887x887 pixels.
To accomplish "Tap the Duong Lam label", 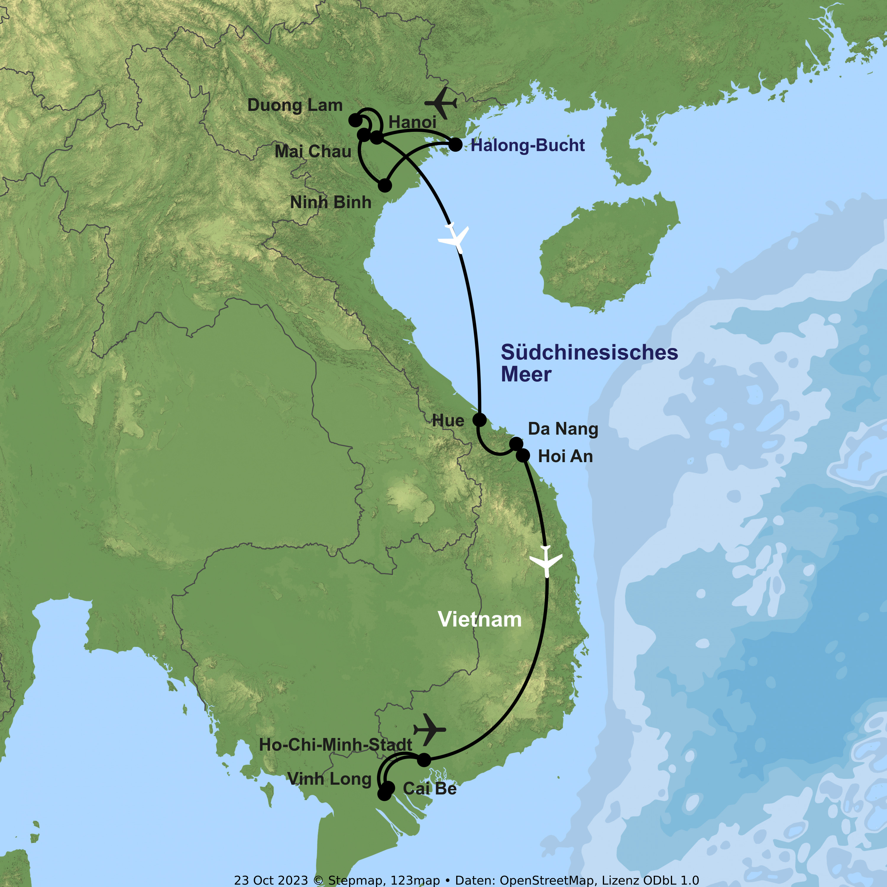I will tap(295, 105).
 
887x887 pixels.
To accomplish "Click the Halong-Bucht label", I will tap(527, 145).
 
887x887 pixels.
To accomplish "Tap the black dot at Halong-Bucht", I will tap(455, 145).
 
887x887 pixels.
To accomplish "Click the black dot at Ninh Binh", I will tap(385, 185).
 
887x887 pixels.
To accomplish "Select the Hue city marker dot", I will tap(479, 419).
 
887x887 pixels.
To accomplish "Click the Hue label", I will tap(448, 420).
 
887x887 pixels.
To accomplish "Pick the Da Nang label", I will tap(563, 429).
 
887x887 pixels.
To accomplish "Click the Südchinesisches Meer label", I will tap(589, 363).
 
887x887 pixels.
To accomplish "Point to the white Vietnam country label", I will tap(480, 620).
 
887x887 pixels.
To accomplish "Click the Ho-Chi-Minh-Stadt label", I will tap(335, 745).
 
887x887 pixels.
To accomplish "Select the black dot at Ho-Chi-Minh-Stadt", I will tap(424, 760).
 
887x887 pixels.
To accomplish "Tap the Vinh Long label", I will tap(329, 779).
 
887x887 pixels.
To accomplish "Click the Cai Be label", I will tap(430, 789).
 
